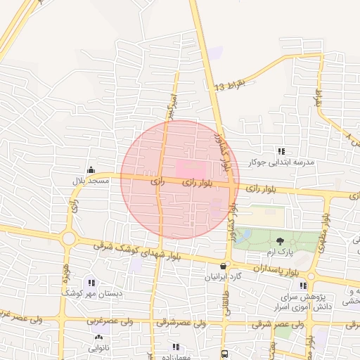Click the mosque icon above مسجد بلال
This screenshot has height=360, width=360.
tap(91, 169)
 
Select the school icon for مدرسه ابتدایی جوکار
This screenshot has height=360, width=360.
tap(282, 151)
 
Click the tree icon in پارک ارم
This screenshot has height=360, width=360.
tap(281, 240)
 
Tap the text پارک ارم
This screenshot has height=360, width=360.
tap(280, 251)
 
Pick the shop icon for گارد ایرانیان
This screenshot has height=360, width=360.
tap(224, 266)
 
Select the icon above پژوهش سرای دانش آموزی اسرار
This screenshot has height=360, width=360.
tap(302, 285)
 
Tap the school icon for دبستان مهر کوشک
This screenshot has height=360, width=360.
tap(92, 282)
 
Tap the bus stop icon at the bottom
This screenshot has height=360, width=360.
tap(224, 354)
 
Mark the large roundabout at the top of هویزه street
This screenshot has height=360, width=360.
tap(68, 239)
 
